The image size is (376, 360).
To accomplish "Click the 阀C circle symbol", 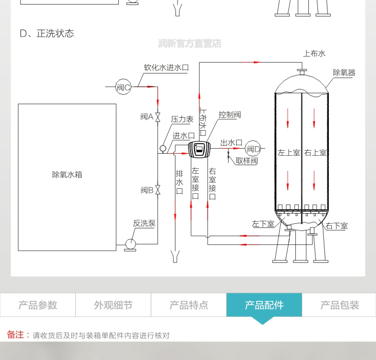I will point(123,87).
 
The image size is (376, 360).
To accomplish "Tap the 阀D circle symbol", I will point(253,148).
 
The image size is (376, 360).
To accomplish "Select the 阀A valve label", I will point(146,117).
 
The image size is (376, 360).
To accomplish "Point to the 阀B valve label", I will point(146,190).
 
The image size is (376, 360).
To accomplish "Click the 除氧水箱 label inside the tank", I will point(67,175).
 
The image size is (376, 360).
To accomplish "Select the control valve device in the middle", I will point(199,149).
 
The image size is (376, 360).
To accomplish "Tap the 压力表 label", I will point(182,119).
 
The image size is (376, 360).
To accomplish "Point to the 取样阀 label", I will point(246,161).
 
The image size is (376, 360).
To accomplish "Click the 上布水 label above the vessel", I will point(314,53).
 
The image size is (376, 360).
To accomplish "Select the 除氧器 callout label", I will point(344,73).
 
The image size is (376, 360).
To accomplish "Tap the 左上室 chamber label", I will point(289,153).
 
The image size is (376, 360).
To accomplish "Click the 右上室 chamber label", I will point(315,153).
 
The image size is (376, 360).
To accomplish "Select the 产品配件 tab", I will point(264,305).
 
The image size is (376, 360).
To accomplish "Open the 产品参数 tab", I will point(38,305).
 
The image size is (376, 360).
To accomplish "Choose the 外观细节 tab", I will point(113,305).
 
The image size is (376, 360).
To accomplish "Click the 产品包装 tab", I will point(339,305).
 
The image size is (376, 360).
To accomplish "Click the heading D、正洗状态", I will point(47,34).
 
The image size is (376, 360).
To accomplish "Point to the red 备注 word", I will point(15,334).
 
